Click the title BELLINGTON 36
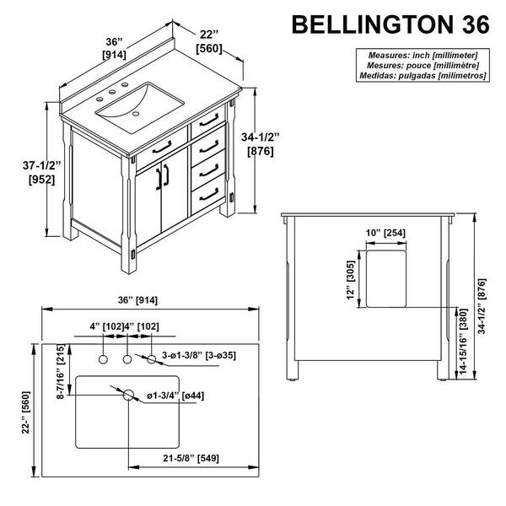pyautogui.click(x=389, y=24)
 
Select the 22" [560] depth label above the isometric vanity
pyautogui.click(x=209, y=40)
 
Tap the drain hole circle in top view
pyautogui.click(x=129, y=395)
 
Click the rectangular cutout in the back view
pyautogui.click(x=386, y=279)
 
